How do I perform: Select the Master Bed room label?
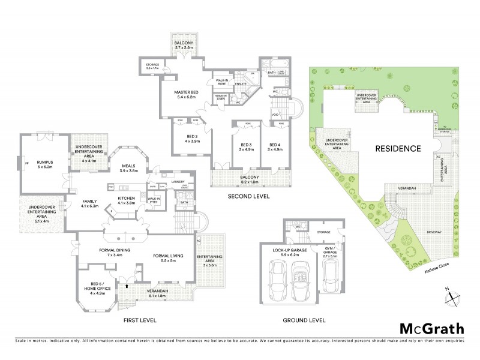(186, 95)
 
